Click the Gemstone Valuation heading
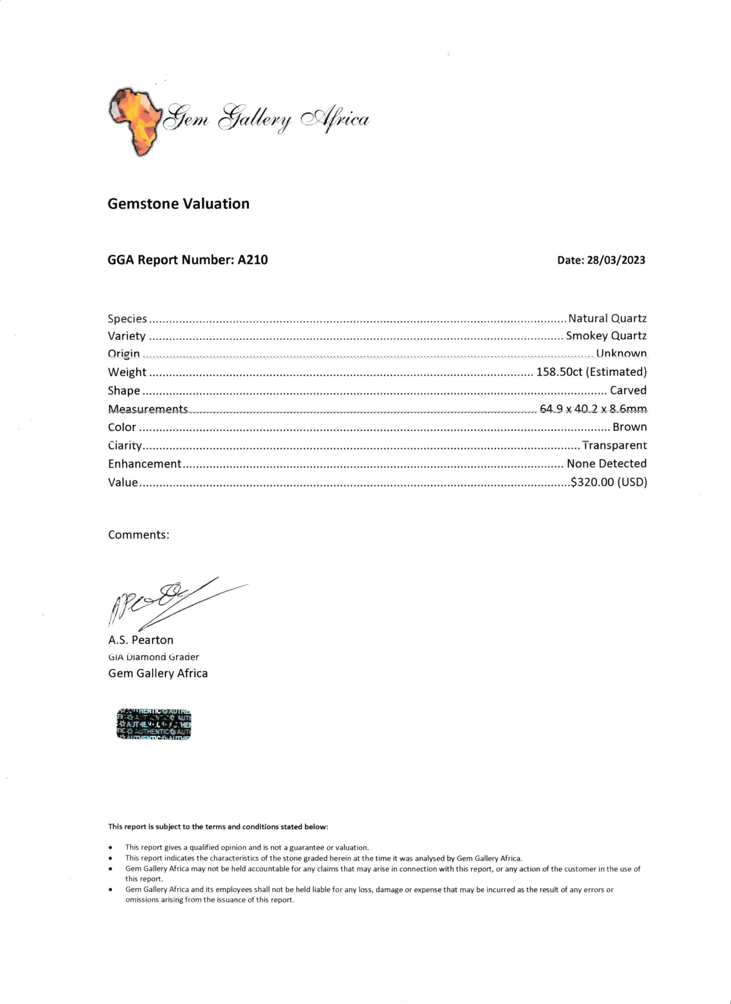tap(179, 204)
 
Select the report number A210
tap(252, 260)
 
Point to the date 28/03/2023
tap(616, 260)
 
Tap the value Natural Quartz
tap(607, 318)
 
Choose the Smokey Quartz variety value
tap(606, 336)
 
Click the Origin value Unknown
tap(621, 353)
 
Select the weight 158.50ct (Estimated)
tap(592, 372)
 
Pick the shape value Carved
tap(628, 391)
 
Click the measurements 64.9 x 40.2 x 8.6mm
tap(593, 409)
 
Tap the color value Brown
tap(629, 427)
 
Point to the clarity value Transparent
tap(614, 446)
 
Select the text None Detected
tap(607, 464)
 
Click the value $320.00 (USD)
tap(609, 482)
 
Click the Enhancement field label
tap(144, 464)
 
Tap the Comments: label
tap(139, 535)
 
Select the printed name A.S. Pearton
tap(141, 640)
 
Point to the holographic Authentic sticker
tap(154, 724)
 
